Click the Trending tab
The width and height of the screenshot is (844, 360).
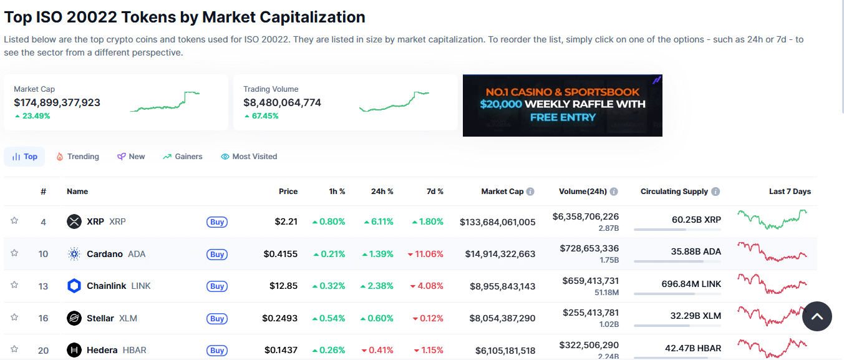coord(78,157)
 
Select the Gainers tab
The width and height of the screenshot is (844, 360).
coord(183,157)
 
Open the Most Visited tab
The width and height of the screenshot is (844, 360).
coord(249,157)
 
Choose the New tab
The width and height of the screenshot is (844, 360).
coord(131,157)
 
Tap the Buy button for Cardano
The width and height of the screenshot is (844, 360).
coord(217,255)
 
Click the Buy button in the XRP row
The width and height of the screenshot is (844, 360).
coord(217,222)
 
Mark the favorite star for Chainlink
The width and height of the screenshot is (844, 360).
coord(14,285)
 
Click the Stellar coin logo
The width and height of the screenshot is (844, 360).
coord(74,318)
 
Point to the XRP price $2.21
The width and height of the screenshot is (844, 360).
coord(286,221)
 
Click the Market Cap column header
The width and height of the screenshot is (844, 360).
coord(502,192)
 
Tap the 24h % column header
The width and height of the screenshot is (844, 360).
coord(381,192)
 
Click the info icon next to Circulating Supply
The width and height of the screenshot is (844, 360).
coord(715,192)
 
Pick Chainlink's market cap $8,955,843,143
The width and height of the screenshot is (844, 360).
coord(502,286)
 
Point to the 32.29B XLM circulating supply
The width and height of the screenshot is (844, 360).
coord(696,316)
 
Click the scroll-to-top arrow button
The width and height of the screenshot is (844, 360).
coord(817,317)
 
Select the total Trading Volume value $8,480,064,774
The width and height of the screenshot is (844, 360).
coord(282,102)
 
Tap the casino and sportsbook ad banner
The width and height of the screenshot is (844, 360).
coord(562,105)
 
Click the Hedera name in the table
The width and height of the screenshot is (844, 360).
coord(103,350)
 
